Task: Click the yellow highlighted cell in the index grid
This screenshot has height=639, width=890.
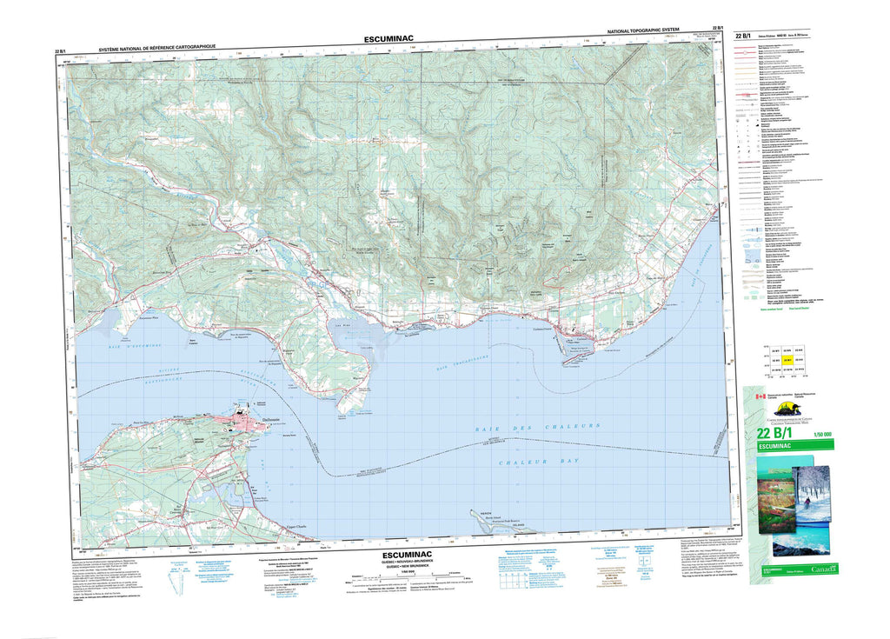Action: (x=787, y=359)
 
